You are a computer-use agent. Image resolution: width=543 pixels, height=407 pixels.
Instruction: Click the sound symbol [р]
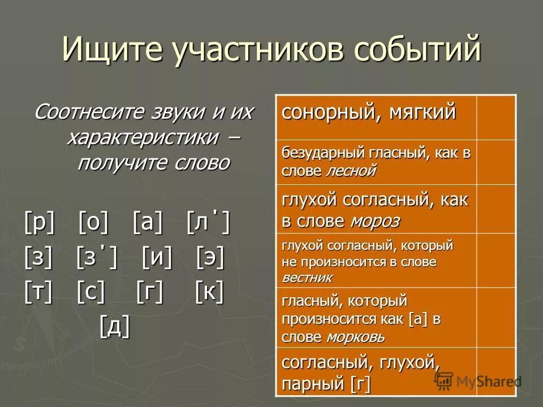[40, 224]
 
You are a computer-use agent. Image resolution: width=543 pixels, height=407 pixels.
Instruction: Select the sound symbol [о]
[93, 224]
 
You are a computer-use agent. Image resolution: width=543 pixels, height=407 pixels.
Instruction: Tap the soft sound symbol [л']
[208, 224]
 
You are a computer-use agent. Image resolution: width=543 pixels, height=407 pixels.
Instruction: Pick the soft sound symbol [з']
[97, 258]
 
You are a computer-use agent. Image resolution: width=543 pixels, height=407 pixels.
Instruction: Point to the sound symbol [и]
[157, 258]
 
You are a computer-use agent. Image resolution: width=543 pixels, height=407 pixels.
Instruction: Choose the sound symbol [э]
[210, 258]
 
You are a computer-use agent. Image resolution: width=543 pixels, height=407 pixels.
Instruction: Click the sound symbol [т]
[38, 292]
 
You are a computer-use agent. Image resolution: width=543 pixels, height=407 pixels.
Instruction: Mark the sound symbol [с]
[90, 292]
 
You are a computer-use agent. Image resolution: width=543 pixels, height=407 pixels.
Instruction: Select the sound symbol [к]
[209, 292]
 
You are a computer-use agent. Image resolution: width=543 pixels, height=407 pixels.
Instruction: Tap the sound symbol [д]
[115, 326]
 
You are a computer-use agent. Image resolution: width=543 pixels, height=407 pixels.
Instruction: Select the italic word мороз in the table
[374, 221]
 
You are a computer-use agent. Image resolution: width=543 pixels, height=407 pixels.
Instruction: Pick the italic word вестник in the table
[307, 278]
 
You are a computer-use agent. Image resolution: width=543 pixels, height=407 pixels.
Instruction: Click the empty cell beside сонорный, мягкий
[496, 118]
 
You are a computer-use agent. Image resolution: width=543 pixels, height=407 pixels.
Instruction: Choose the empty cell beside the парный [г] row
[496, 372]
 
